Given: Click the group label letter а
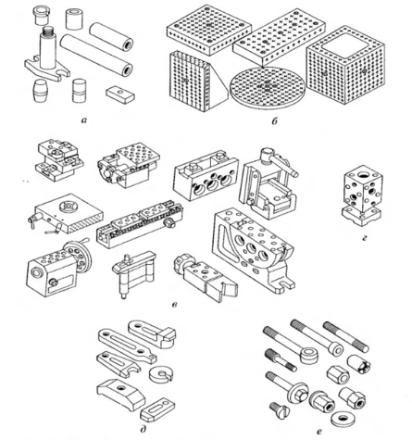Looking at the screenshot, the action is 83,120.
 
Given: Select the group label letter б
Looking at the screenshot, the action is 274,120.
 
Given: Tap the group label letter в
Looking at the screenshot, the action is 174,305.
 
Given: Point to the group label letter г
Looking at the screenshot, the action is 365,238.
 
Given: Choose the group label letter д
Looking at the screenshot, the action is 143,429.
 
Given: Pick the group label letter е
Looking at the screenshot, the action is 318,431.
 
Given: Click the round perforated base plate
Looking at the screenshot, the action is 268,85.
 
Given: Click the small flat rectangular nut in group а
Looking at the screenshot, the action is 120,94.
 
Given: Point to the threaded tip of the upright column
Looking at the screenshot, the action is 48,31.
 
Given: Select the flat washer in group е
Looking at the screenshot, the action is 343,419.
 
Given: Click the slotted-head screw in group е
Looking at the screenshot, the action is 280,410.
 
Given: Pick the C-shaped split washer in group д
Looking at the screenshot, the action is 161,374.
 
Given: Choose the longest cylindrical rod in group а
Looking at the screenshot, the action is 96,55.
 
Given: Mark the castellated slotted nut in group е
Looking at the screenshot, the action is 359,364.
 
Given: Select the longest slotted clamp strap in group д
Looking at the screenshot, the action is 127,346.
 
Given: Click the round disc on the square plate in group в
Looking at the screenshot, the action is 69,207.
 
